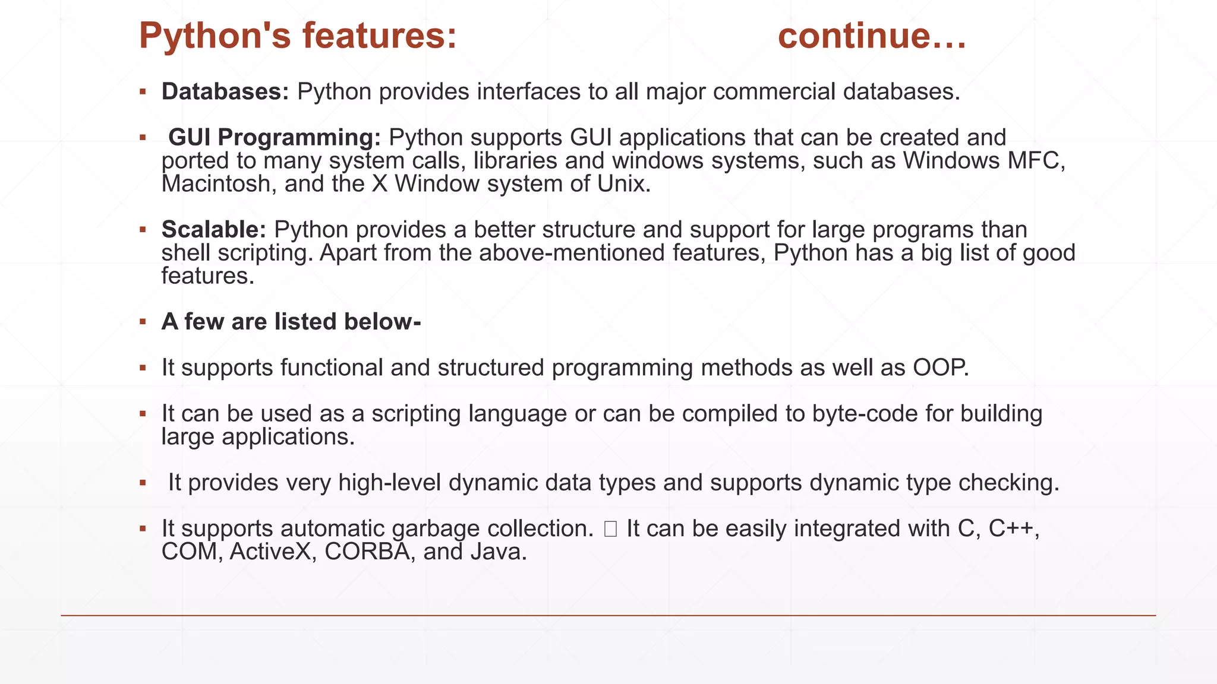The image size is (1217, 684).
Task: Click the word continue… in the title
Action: [872, 36]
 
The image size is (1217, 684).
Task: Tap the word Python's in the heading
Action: [215, 36]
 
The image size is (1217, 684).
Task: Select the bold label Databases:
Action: [225, 91]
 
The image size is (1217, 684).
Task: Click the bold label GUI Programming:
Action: [275, 138]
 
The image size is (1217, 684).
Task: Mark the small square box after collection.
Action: [610, 529]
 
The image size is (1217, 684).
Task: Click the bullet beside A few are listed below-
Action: [143, 322]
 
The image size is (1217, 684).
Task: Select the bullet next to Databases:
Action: [143, 92]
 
